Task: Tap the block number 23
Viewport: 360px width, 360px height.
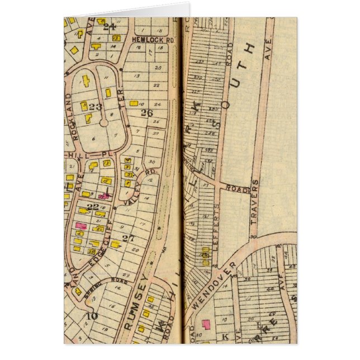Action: [95, 106]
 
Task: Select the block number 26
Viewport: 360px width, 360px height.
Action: [146, 113]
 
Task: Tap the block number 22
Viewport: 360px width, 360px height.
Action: [93, 207]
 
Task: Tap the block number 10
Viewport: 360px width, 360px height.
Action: [91, 315]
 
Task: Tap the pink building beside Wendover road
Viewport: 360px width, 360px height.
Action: [206, 324]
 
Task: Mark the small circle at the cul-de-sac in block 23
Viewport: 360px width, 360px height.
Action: [103, 122]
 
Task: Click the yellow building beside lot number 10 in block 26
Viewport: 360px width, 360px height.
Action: [134, 103]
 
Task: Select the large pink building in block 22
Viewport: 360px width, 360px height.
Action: [80, 225]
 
